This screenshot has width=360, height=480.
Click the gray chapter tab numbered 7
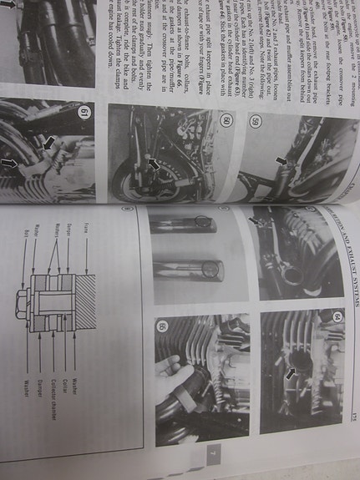point(213,455)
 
